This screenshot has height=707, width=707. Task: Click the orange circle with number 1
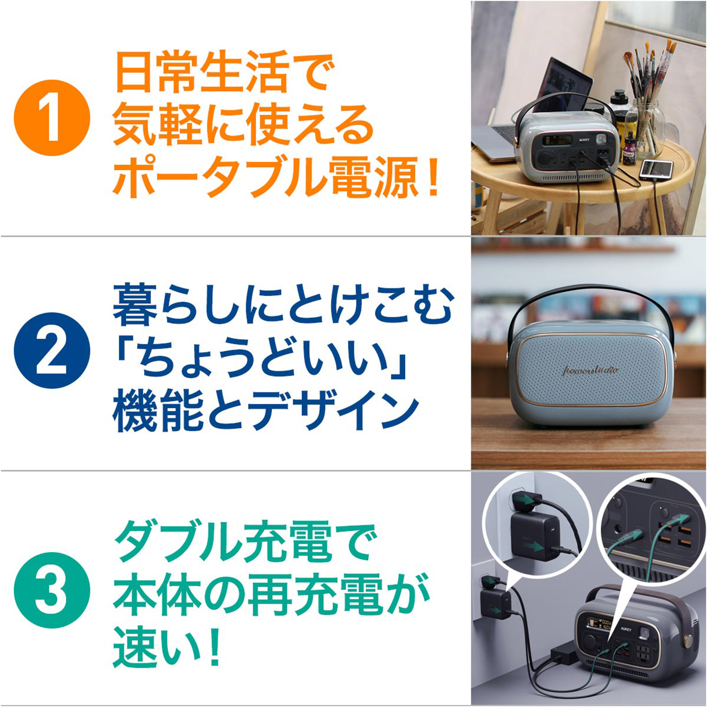coord(52,118)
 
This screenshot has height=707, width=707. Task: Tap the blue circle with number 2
coord(52,350)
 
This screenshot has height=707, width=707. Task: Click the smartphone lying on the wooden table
coord(657,169)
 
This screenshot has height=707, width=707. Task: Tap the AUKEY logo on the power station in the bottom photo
coord(625,628)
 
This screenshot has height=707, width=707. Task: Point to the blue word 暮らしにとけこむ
coord(283,305)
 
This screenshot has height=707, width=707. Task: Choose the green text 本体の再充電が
coord(271,594)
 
